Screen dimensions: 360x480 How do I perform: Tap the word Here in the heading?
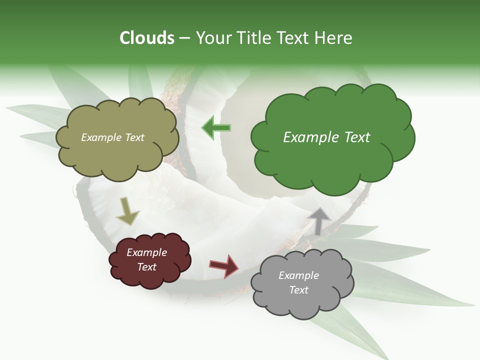pyautogui.click(x=334, y=38)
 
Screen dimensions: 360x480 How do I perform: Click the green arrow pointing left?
pyautogui.click(x=216, y=128)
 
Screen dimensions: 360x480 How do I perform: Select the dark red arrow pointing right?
pyautogui.click(x=224, y=265)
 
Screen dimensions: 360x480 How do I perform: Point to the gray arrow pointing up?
pyautogui.click(x=319, y=220)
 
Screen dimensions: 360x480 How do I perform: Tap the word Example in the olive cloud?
pyautogui.click(x=100, y=137)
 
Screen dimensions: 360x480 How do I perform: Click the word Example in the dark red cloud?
pyautogui.click(x=146, y=252)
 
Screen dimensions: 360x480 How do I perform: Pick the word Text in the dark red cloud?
pyautogui.click(x=146, y=267)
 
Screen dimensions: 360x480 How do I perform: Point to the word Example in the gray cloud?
pyautogui.click(x=298, y=275)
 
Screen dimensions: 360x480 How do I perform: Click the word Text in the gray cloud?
pyautogui.click(x=298, y=290)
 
